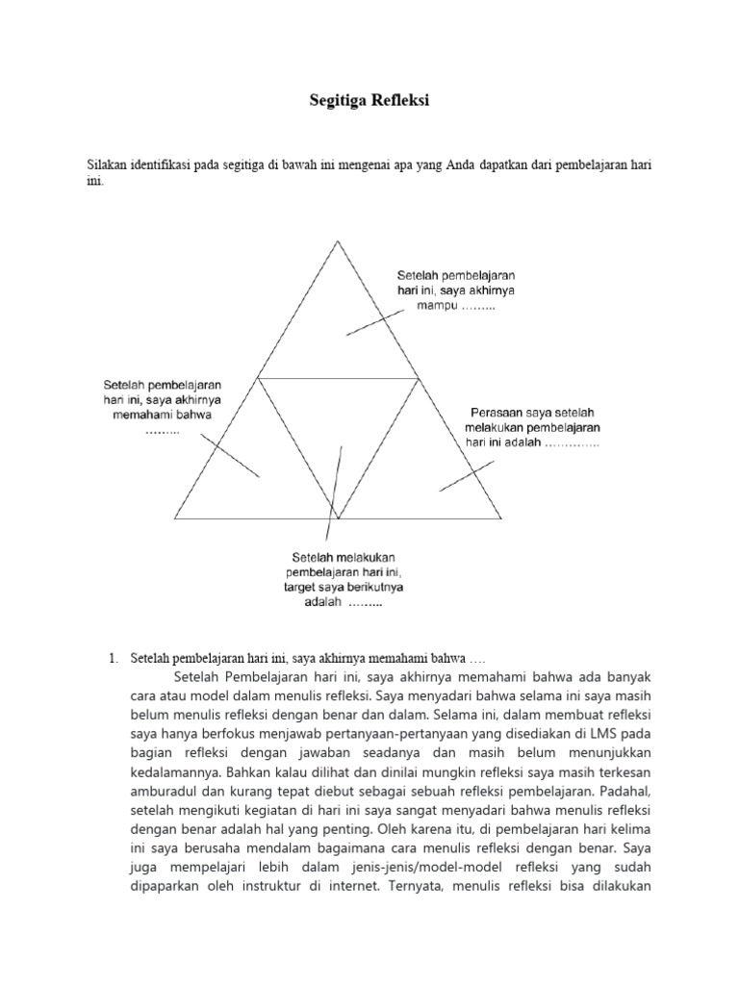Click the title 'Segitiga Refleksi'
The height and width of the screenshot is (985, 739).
369,101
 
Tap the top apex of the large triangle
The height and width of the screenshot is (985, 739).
338,241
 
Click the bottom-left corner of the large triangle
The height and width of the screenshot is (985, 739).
174,518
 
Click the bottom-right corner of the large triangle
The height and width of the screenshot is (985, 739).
501,518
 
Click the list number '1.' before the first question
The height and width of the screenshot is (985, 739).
112,659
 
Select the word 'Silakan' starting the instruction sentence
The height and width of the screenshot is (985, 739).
108,164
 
